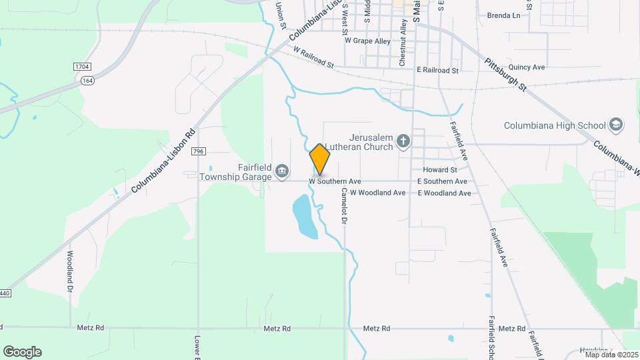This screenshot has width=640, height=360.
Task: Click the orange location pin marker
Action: pos(320,159)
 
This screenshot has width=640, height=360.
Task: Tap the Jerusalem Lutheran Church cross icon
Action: pos(403,141)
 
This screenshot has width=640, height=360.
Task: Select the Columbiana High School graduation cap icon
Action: pos(616,125)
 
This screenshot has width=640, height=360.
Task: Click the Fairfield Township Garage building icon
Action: pos(282,172)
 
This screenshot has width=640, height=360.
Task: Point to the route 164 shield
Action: pos(87,80)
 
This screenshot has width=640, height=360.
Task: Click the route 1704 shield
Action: pos(81,67)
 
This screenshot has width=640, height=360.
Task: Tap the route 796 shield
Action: pos(197,152)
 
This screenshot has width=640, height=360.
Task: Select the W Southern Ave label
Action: pos(335,181)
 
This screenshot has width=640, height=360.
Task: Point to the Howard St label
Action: pos(439,170)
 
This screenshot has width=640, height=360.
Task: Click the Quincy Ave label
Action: pos(527,67)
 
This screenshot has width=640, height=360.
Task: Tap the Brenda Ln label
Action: pos(503,15)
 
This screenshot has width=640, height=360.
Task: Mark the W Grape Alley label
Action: pos(367,41)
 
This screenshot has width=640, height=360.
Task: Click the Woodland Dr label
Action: pos(70,270)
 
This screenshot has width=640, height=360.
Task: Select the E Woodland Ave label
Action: pos(444,193)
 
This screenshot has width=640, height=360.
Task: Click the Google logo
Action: pos(22,352)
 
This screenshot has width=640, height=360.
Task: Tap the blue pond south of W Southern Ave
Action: pos(304,216)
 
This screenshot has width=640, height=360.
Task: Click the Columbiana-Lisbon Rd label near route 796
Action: pos(163,161)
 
